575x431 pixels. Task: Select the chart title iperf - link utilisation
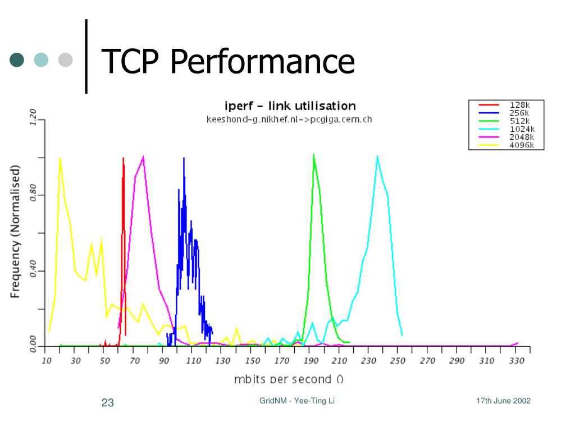290,106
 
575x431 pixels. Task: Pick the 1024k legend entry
522,129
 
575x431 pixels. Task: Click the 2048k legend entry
522,137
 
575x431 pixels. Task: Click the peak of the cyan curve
377,156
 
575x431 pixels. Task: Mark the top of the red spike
123,158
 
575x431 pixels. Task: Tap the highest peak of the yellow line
60,158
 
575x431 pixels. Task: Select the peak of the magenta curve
144,157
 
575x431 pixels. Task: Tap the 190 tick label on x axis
311,360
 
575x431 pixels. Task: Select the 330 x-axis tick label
516,360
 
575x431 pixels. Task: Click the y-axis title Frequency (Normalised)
15,231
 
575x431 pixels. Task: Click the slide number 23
108,402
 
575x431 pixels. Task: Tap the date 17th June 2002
503,401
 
